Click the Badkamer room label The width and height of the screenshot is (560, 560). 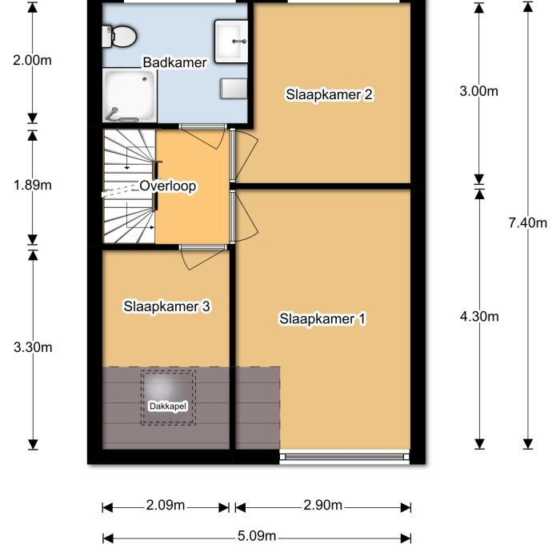pyautogui.click(x=174, y=62)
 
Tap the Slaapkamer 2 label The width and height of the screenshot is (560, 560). pyautogui.click(x=330, y=94)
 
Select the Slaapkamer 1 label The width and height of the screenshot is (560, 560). pyautogui.click(x=322, y=319)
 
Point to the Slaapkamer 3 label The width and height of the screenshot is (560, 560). pyautogui.click(x=166, y=306)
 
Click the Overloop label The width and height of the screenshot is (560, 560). pyautogui.click(x=168, y=186)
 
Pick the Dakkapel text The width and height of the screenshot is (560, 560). pyautogui.click(x=168, y=406)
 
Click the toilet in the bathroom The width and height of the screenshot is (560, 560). pyautogui.click(x=119, y=35)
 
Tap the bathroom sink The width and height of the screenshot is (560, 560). pyautogui.click(x=232, y=37)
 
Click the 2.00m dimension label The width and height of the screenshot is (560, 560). pyautogui.click(x=33, y=59)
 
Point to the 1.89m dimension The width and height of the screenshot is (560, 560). pyautogui.click(x=33, y=186)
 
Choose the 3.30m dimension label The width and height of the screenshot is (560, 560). pyautogui.click(x=33, y=347)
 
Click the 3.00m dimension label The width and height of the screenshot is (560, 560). pyautogui.click(x=479, y=91)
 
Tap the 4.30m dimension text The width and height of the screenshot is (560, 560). pyautogui.click(x=479, y=316)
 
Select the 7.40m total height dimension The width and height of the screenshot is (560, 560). pyautogui.click(x=527, y=223)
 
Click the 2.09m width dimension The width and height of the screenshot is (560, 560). pyautogui.click(x=166, y=506)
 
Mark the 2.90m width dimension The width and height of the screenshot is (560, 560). pyautogui.click(x=323, y=506)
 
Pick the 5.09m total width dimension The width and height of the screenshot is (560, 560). pyautogui.click(x=257, y=536)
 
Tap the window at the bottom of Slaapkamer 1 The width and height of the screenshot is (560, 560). pyautogui.click(x=345, y=458)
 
